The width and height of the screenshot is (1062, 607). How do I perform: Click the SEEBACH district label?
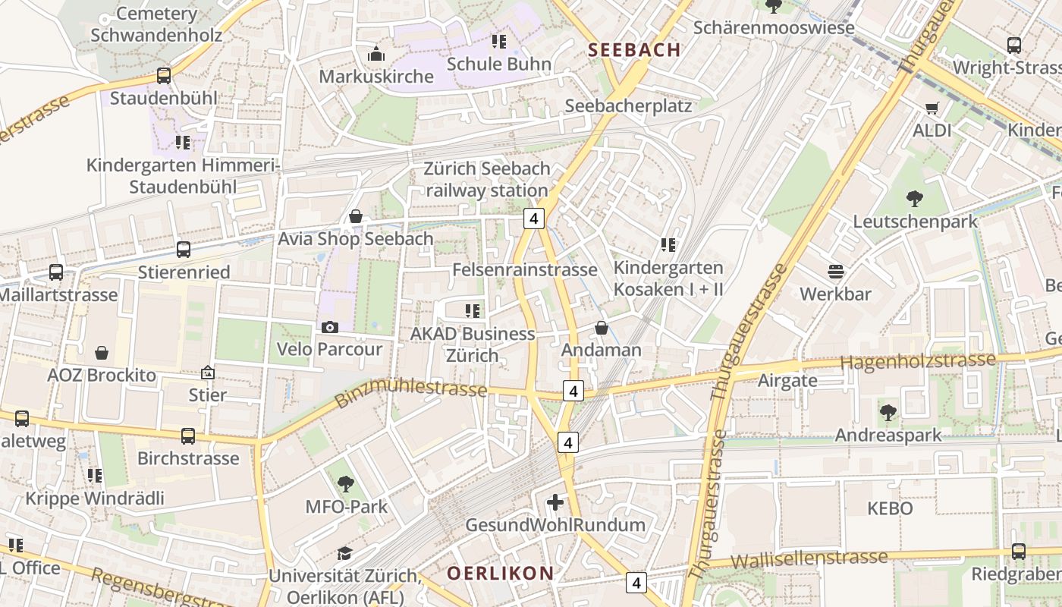[x=634, y=50]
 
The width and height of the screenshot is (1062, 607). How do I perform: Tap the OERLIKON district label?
[x=500, y=573]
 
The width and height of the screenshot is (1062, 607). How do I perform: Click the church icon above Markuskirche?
[x=375, y=54]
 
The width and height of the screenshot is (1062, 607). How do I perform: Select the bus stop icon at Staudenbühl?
[x=164, y=76]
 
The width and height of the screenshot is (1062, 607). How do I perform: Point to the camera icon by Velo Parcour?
[x=329, y=327]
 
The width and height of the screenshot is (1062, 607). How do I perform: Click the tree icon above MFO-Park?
[x=345, y=483]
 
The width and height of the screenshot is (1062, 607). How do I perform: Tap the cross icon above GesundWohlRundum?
[x=555, y=502]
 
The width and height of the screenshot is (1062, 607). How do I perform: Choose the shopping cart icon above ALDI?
[x=932, y=108]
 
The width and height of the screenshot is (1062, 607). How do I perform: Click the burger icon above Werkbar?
[x=835, y=272]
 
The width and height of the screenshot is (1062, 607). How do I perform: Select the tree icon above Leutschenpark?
[x=915, y=199]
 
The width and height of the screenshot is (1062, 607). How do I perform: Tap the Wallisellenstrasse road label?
[x=809, y=560]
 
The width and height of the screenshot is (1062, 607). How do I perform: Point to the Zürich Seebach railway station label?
[x=485, y=180]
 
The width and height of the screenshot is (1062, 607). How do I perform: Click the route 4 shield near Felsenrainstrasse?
[x=534, y=219]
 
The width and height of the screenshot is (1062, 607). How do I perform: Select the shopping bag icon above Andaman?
[x=601, y=328]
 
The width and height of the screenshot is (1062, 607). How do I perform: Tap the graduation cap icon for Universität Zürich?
[x=344, y=553]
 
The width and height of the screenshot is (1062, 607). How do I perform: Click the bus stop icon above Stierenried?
[x=183, y=250]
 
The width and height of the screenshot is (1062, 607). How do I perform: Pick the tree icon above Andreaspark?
[x=888, y=413]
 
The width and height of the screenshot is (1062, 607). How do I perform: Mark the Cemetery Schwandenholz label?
[x=156, y=24]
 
